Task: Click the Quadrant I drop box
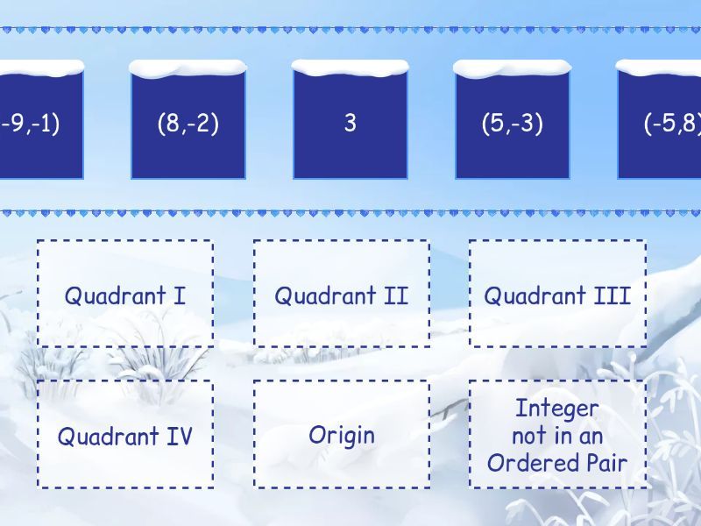pos(124,294)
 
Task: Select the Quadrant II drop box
pos(342,294)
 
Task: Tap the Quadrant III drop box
pos(557,294)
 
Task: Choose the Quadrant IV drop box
pos(124,435)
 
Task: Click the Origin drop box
pos(342,435)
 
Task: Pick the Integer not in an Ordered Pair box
pos(557,435)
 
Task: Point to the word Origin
pos(342,435)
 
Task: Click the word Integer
pos(557,409)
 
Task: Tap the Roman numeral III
pos(612,295)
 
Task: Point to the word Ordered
pos(535,463)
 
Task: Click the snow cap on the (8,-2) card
pos(188,68)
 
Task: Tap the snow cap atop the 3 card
pos(350,68)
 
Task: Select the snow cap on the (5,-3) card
pos(513,68)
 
